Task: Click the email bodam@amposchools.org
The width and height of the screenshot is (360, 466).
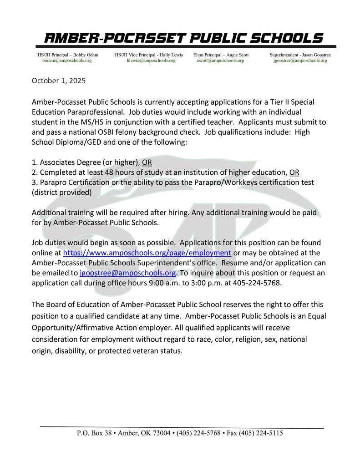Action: pos(67,61)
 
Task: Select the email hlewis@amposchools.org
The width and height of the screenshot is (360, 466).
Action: pos(151,61)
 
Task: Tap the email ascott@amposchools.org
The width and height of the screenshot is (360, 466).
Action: pos(220,61)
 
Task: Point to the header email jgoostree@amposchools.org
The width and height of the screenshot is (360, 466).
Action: pos(300,61)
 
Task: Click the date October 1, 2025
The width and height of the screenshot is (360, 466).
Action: pos(59,81)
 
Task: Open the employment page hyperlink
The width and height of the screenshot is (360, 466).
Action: pos(147,253)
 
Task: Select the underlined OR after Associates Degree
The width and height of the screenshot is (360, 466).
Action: pos(147,162)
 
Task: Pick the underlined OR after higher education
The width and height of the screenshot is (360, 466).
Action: pos(294,172)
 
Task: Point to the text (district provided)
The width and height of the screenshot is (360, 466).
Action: pos(61,192)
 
